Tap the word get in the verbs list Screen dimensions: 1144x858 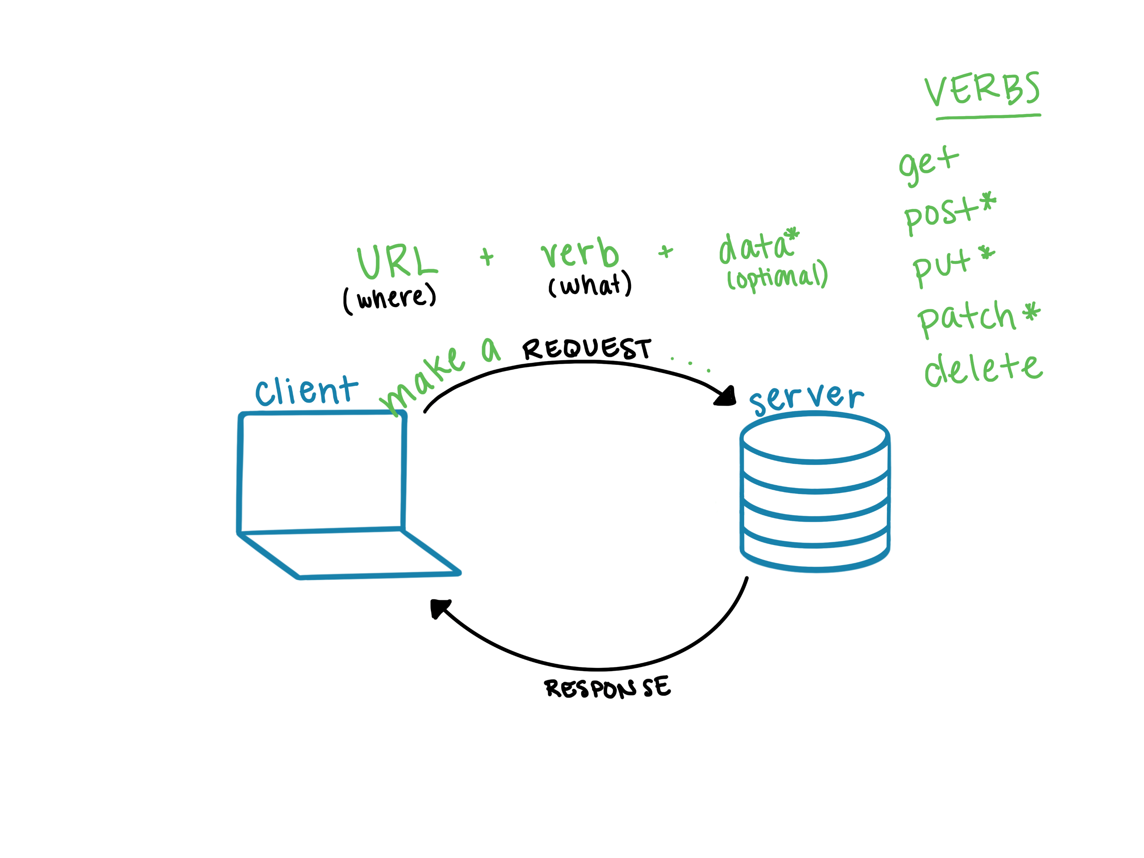(929, 165)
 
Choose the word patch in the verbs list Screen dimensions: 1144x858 (966, 318)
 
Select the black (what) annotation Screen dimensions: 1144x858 (590, 284)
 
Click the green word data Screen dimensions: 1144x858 (755, 247)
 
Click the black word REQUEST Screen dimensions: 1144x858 (587, 348)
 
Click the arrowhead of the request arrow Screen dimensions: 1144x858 (726, 396)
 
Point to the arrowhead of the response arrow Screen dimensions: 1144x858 (440, 608)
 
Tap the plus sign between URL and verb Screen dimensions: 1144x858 (487, 257)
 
